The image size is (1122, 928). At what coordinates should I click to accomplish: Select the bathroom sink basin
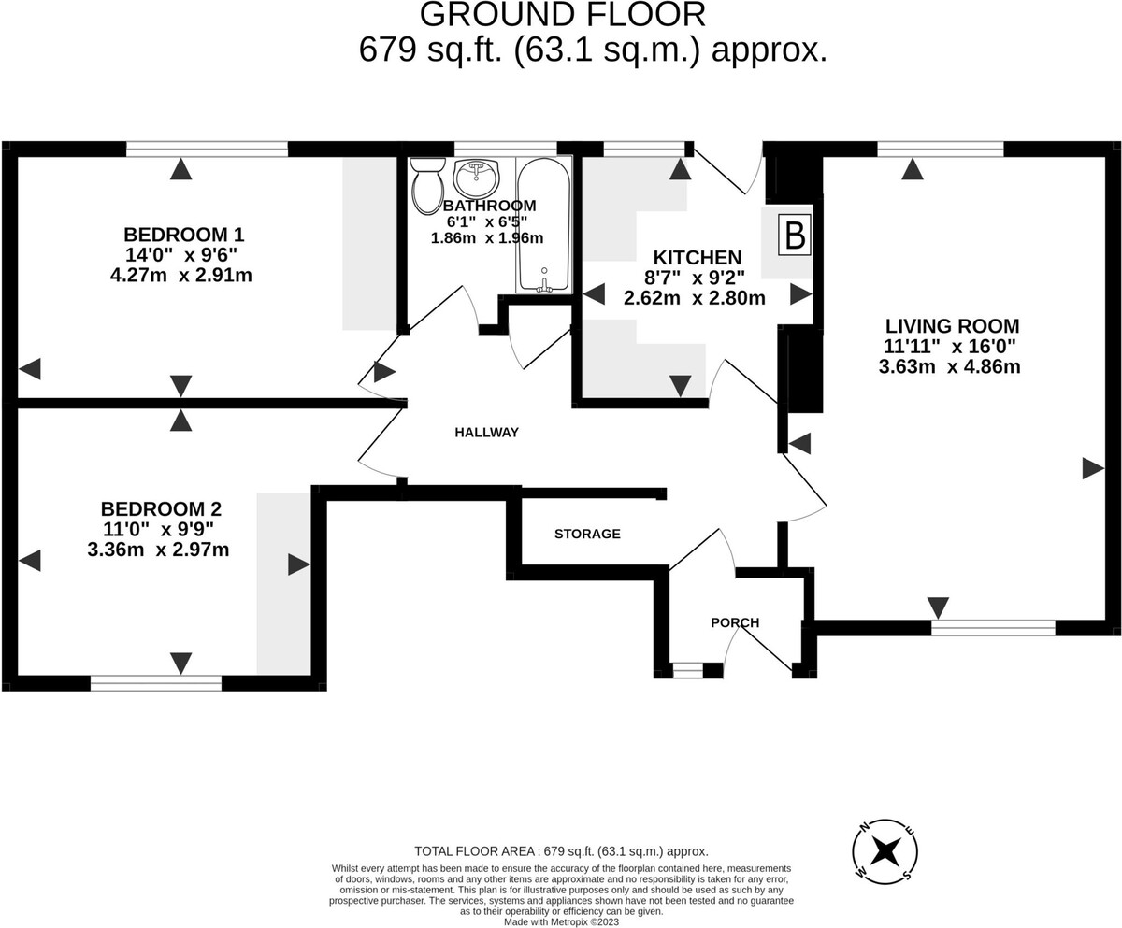click(477, 178)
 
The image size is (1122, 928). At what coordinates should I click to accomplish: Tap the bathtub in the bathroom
click(543, 224)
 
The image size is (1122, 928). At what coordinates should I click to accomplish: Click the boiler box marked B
click(795, 236)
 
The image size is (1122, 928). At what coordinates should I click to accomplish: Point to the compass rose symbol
click(885, 851)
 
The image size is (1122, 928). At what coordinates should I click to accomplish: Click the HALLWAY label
click(486, 433)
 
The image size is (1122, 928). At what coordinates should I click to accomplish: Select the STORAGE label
click(587, 535)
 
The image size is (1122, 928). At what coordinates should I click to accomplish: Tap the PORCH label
click(735, 623)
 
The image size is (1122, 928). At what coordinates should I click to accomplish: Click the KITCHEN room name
click(697, 257)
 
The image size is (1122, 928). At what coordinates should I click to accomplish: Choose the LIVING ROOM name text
click(952, 326)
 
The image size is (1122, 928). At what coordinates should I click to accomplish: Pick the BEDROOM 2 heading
click(161, 509)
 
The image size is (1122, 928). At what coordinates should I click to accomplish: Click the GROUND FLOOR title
click(563, 15)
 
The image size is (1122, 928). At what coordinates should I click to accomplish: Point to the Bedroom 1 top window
click(207, 149)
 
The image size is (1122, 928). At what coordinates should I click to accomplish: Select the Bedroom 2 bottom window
click(156, 683)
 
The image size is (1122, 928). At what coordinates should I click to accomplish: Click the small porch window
click(687, 670)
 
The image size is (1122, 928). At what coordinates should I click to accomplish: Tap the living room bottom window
click(993, 628)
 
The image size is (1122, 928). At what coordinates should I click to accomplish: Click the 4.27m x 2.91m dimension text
click(180, 276)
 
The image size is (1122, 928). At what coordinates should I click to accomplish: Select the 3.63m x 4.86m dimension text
click(949, 367)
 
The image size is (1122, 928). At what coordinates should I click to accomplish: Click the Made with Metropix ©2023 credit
click(562, 921)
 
